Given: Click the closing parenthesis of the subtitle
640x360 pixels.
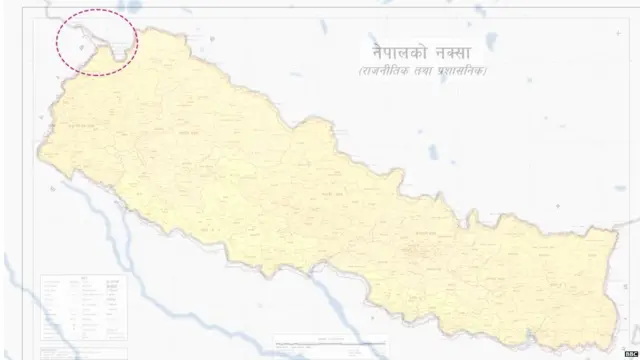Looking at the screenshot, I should tap(488, 74).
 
